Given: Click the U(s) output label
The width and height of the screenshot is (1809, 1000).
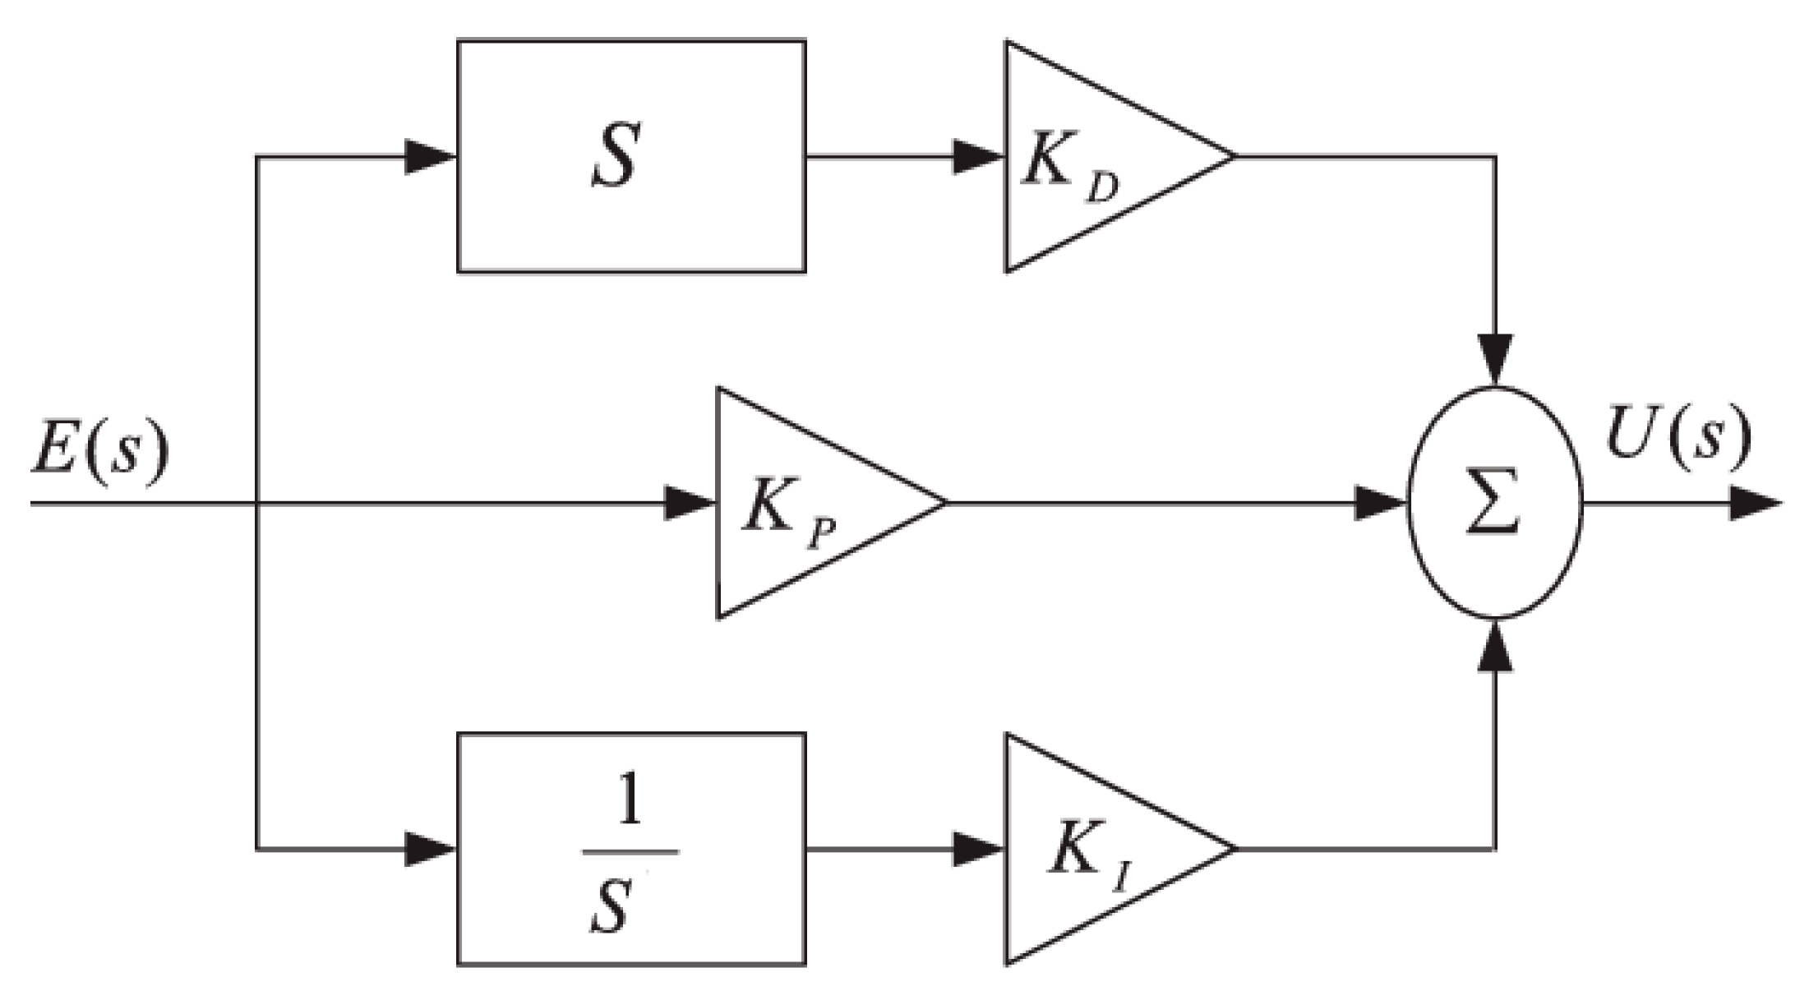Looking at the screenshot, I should (1677, 436).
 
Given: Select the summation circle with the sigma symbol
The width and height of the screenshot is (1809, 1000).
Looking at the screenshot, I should (1495, 502).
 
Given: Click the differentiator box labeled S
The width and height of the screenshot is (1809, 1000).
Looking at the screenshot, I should (630, 156).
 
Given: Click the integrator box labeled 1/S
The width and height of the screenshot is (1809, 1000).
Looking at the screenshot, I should (630, 849).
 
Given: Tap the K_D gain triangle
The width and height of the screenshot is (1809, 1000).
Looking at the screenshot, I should (1093, 156).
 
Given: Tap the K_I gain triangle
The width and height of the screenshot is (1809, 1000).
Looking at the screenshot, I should (1093, 849).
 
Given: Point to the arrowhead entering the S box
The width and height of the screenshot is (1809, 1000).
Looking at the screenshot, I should (430, 156).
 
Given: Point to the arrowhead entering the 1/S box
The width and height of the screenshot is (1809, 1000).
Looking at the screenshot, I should (430, 849).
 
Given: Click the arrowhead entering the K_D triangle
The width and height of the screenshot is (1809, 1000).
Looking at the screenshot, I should (978, 156).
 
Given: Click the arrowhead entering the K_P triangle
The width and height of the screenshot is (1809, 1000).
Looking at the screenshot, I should (689, 502).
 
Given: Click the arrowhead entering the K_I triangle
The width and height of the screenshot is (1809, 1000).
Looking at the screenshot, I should (978, 849).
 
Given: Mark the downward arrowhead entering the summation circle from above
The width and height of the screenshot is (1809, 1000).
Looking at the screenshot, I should (1495, 360).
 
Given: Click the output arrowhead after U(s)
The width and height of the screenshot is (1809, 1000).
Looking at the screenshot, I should (1755, 502).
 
